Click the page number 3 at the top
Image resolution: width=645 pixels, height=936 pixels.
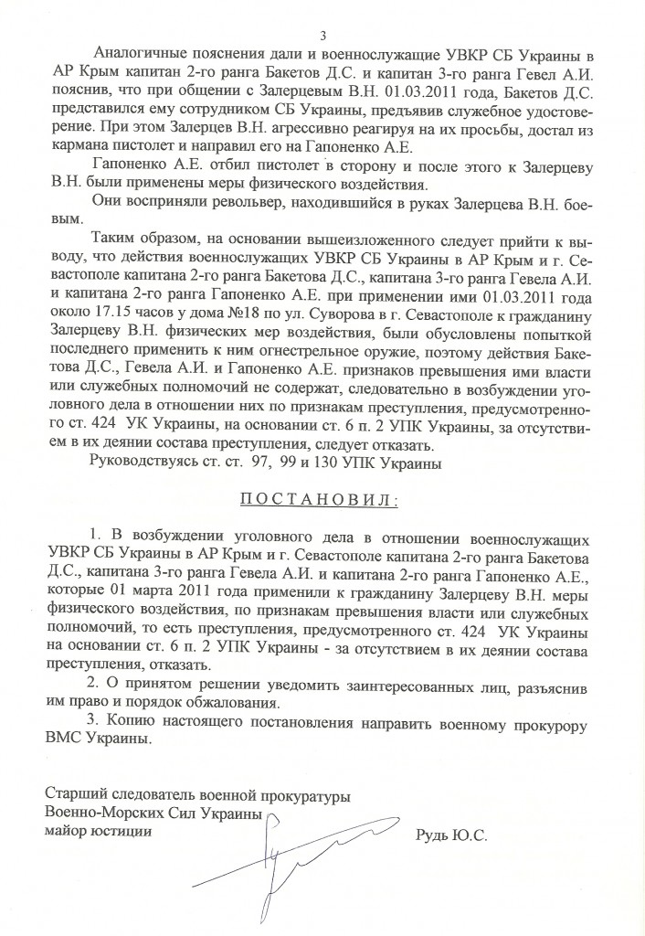pos(322,36)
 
